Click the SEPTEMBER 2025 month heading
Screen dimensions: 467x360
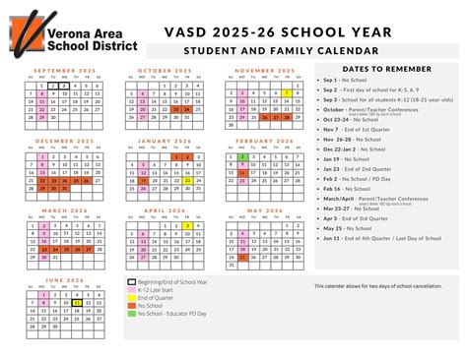click(64, 71)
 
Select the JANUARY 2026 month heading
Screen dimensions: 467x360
click(164, 141)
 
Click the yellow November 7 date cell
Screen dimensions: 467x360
click(286, 92)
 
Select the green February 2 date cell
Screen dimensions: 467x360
click(241, 156)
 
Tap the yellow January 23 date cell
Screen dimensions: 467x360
click(186, 180)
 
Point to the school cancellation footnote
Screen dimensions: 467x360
click(375, 286)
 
